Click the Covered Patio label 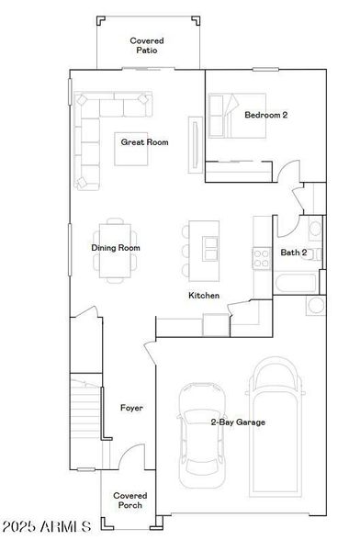tap(146, 46)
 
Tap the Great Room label tap(145, 142)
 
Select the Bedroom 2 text tap(266, 116)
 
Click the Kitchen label tap(204, 296)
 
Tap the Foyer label tap(131, 407)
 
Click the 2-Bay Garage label tap(238, 422)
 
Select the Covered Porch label tap(129, 501)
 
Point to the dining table tap(118, 248)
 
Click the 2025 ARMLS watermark tap(46, 528)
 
